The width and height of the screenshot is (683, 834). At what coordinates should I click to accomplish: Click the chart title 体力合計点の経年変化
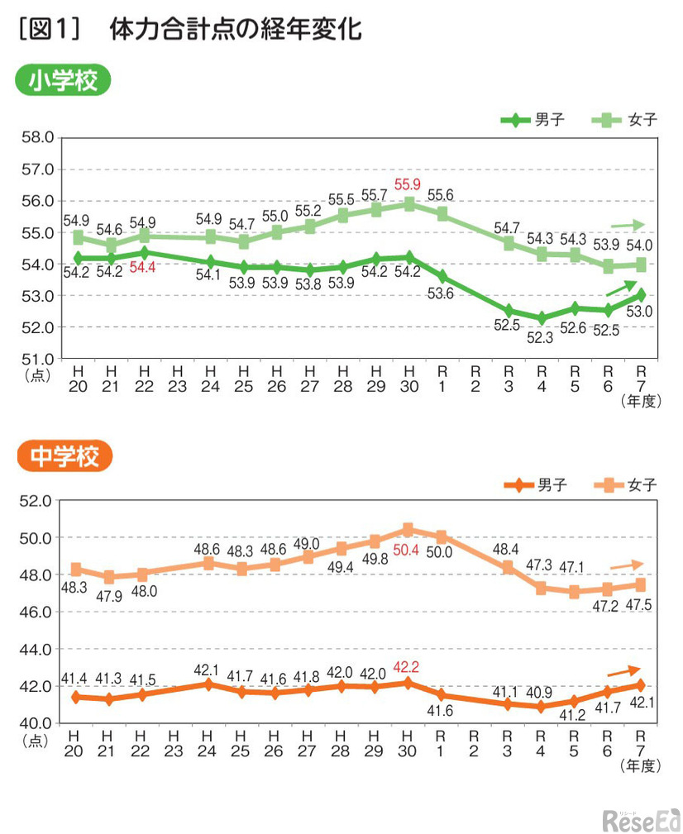tap(236, 30)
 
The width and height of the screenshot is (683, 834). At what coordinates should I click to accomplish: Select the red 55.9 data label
tap(408, 184)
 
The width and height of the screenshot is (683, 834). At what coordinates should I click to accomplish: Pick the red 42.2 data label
tap(408, 666)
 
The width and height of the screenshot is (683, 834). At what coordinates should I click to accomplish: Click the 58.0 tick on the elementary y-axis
tap(36, 137)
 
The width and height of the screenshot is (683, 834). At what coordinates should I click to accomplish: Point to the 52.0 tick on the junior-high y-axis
tap(36, 501)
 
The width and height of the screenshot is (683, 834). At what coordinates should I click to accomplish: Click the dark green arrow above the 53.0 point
tap(623, 288)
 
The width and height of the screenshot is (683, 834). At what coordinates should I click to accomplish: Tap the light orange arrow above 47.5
tap(627, 565)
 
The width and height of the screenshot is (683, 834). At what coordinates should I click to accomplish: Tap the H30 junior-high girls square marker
tap(408, 529)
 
